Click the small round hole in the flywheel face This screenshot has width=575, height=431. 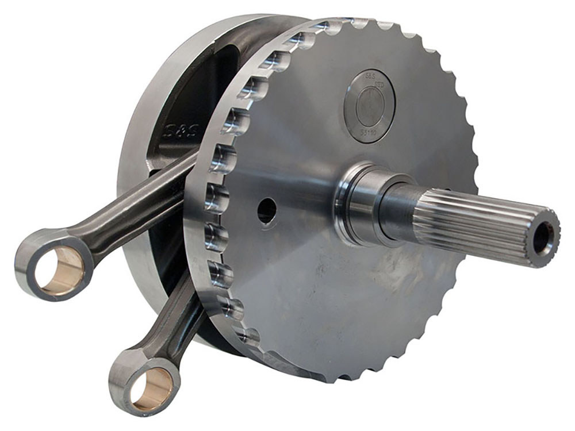click(x=266, y=211)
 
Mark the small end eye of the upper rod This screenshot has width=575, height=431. click(x=55, y=264)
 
